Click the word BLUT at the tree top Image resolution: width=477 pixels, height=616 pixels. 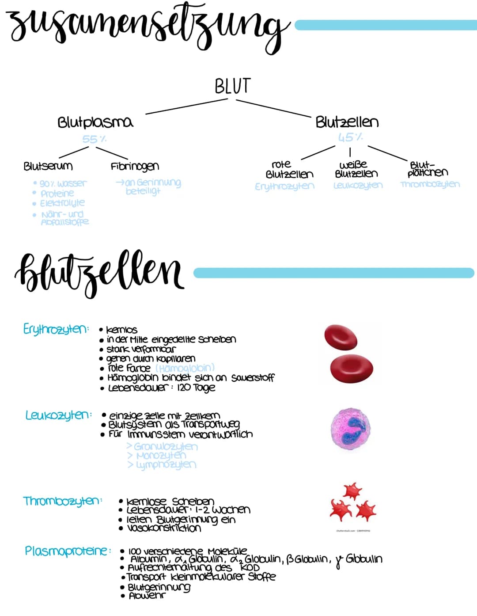[x=232, y=86]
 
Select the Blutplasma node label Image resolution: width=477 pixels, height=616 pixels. [x=95, y=122]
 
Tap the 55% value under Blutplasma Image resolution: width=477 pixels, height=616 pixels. [x=94, y=139]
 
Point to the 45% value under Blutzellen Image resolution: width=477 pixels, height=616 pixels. [x=350, y=137]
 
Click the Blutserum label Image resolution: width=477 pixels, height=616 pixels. [x=48, y=166]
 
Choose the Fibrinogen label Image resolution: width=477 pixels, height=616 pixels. [x=135, y=166]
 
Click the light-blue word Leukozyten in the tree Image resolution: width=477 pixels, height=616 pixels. [x=358, y=186]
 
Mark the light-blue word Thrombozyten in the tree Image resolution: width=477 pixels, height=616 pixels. [x=430, y=184]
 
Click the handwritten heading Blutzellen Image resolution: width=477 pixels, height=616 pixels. [x=99, y=272]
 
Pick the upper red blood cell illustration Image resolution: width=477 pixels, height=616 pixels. [x=341, y=337]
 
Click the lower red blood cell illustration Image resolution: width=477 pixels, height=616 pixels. [x=352, y=368]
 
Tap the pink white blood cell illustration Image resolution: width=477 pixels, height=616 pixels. [x=351, y=429]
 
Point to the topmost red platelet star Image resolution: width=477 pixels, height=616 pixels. [x=352, y=491]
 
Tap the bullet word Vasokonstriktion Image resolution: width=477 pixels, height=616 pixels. [x=164, y=528]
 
